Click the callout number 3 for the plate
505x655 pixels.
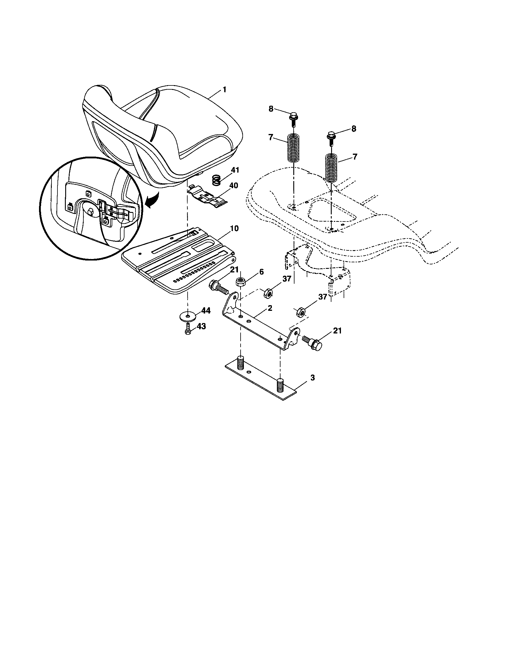pos(312,378)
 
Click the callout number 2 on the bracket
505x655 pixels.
pos(270,308)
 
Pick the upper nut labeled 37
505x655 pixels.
pos(268,293)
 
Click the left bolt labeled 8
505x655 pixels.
pos(294,118)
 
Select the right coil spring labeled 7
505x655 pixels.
pos(331,168)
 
